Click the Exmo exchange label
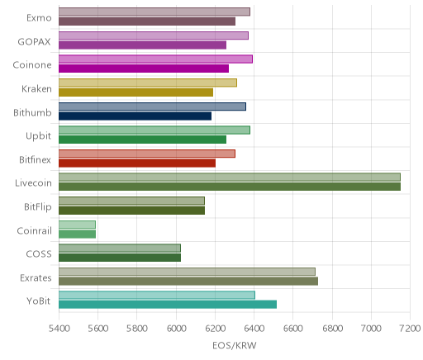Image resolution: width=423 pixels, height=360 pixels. coord(39,18)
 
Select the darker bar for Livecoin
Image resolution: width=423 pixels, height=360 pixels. coord(230,187)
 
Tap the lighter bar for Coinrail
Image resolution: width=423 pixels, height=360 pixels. coord(77,225)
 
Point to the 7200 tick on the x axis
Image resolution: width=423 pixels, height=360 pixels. coord(410,328)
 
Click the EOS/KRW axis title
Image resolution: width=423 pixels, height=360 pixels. coord(235,345)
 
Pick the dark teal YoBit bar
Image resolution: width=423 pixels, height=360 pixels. coord(168,305)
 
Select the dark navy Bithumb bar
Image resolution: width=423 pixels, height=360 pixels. coord(135,116)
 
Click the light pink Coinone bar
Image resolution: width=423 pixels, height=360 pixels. coord(155,59)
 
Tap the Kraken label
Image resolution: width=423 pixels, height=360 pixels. coord(36,89)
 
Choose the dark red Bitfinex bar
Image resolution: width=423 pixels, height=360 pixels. coord(137,163)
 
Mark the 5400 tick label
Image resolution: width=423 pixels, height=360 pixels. coord(59,328)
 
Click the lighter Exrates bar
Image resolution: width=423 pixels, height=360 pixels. coord(187,272)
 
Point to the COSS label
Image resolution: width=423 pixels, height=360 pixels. coord(39,253)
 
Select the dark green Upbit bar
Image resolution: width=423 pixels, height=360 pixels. coord(143,140)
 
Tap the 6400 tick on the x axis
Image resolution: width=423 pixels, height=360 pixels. coord(254,328)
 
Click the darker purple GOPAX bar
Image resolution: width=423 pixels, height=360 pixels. coord(143,45)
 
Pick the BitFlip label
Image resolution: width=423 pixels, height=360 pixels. coord(38,206)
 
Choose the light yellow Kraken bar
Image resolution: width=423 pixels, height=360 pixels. coord(148,83)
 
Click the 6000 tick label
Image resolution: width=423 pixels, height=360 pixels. coord(176,328)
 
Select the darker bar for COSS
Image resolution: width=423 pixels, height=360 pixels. coord(120,258)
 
